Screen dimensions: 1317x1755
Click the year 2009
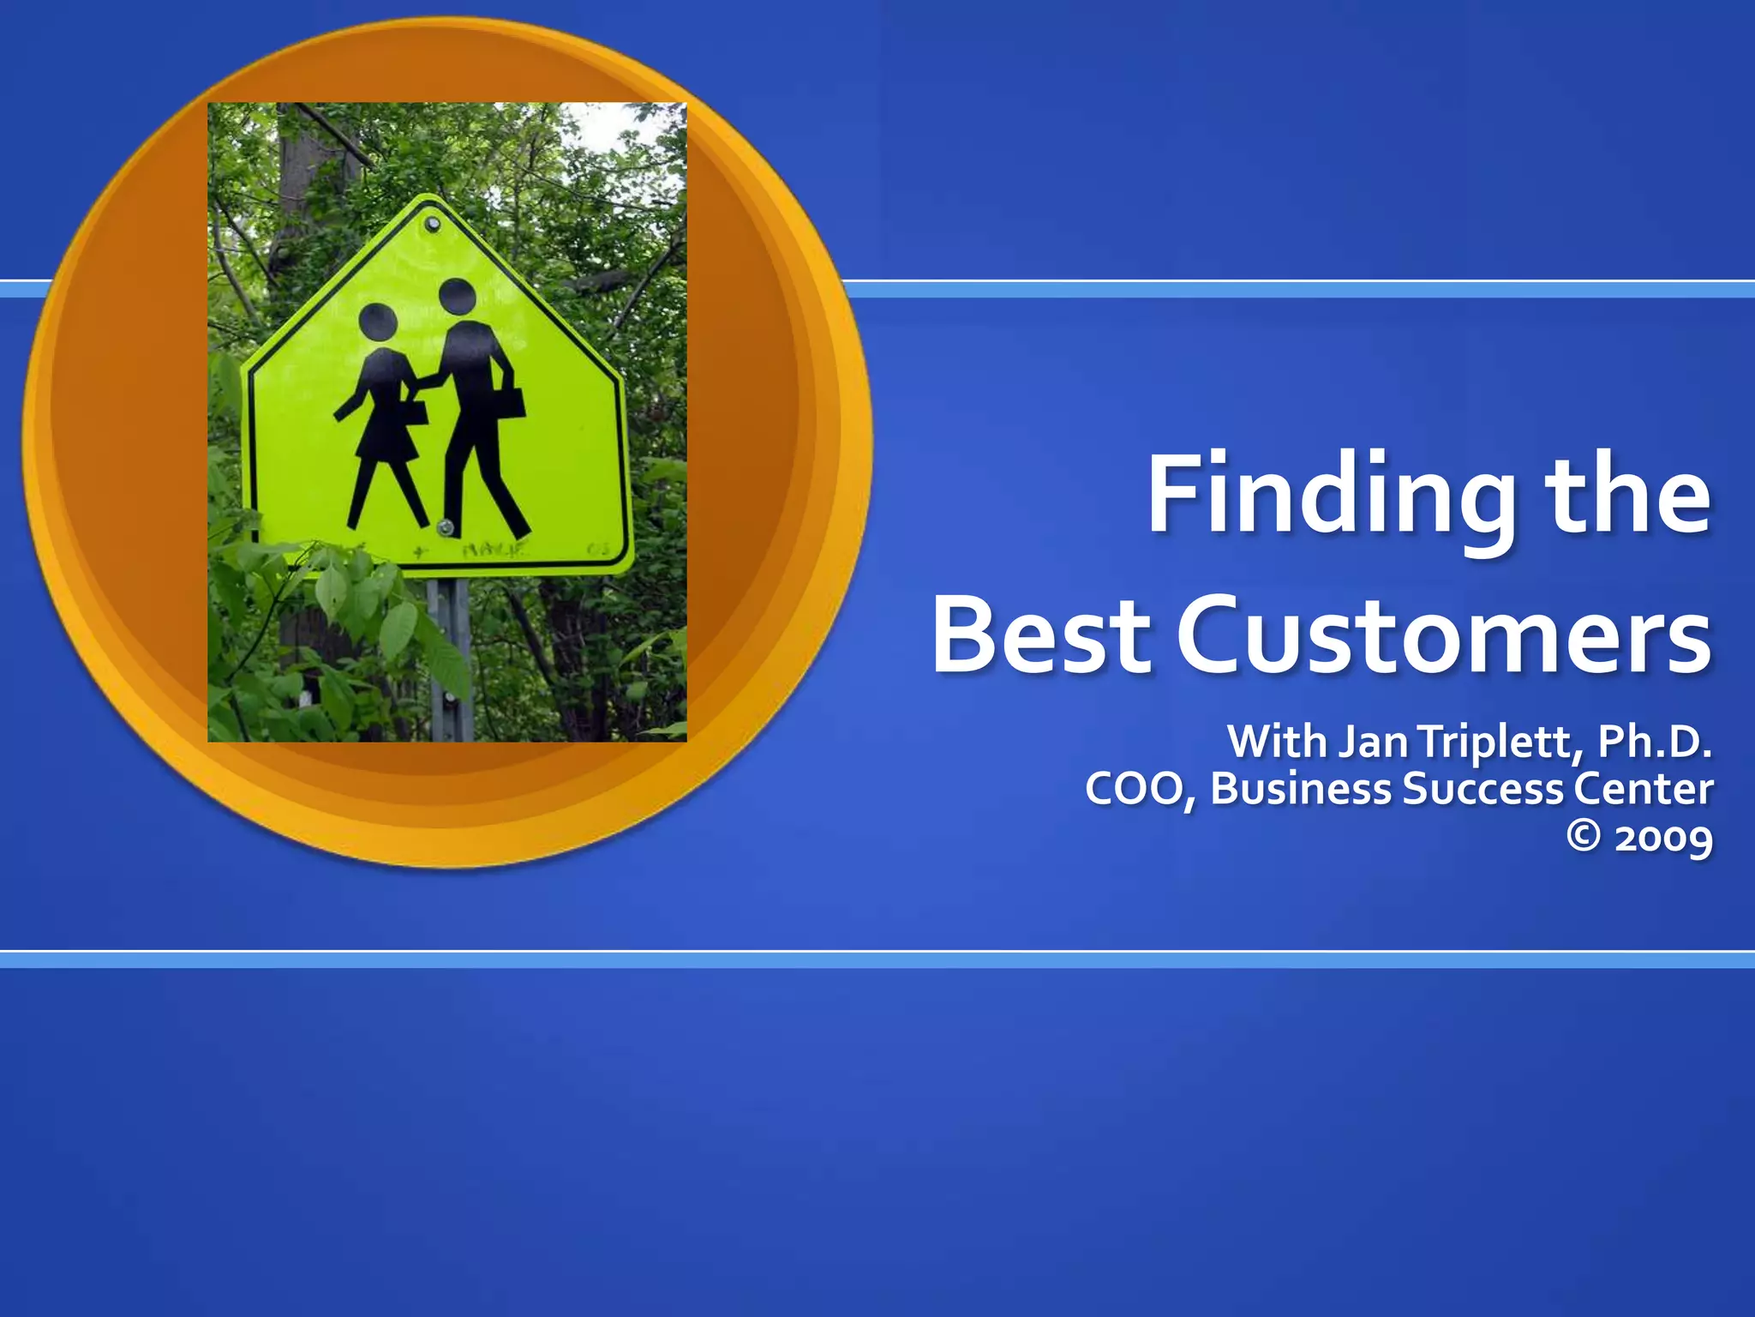pyautogui.click(x=1663, y=838)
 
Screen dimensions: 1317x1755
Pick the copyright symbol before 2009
pyautogui.click(x=1584, y=836)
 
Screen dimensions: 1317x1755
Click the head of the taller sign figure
pyautogui.click(x=457, y=297)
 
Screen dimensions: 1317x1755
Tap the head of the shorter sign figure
pyautogui.click(x=376, y=322)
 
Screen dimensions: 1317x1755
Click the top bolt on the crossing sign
pyautogui.click(x=433, y=225)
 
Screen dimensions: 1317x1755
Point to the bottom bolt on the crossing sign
pyautogui.click(x=445, y=527)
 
